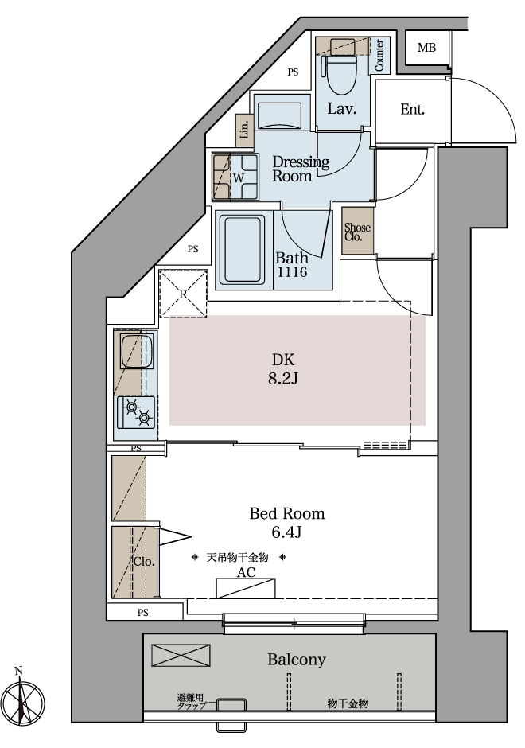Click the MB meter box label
click(x=426, y=48)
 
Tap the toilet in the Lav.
click(x=340, y=73)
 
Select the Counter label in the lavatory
click(x=379, y=56)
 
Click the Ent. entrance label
click(x=413, y=109)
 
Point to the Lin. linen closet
click(x=245, y=131)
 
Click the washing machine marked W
click(x=235, y=177)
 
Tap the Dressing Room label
click(x=301, y=169)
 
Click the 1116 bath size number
click(x=292, y=272)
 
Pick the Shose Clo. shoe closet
click(x=358, y=231)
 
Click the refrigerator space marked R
click(x=183, y=294)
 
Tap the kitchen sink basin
click(x=136, y=352)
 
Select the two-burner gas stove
click(x=137, y=412)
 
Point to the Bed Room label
click(x=287, y=513)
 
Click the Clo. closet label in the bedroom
click(x=144, y=562)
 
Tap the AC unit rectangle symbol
click(x=246, y=588)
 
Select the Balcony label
click(x=297, y=659)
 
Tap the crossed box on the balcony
click(x=181, y=655)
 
